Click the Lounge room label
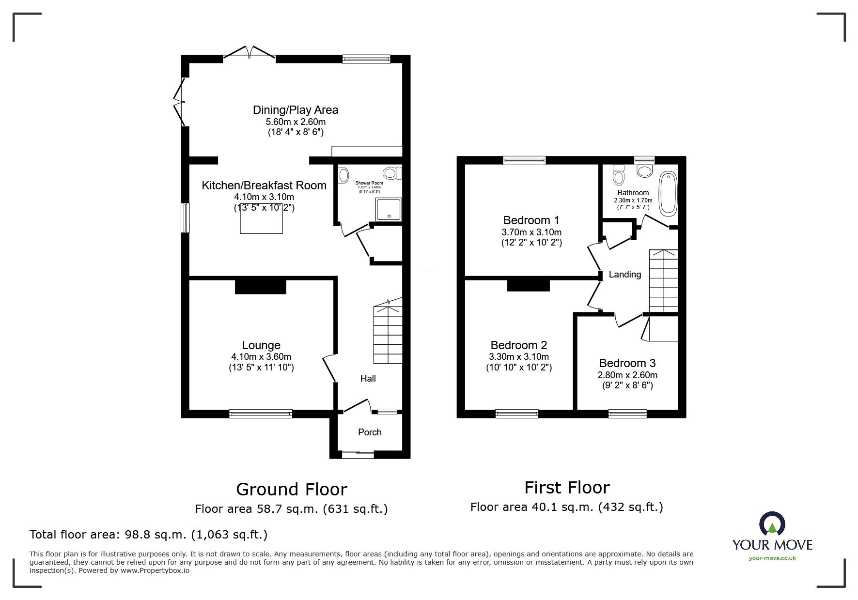coord(261,345)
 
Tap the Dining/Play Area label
coord(296,110)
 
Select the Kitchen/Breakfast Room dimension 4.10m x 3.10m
coord(264,197)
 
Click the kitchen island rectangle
coord(262,223)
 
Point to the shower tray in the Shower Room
coord(389,210)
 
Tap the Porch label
coord(370,432)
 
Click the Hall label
coord(368,378)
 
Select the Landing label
coord(624,275)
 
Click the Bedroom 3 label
coord(627,363)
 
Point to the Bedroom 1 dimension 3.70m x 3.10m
coord(531,232)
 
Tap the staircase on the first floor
coord(663,281)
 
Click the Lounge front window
coord(261,413)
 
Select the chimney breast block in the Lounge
coord(261,286)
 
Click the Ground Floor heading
coord(291,489)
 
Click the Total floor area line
coord(148,535)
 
